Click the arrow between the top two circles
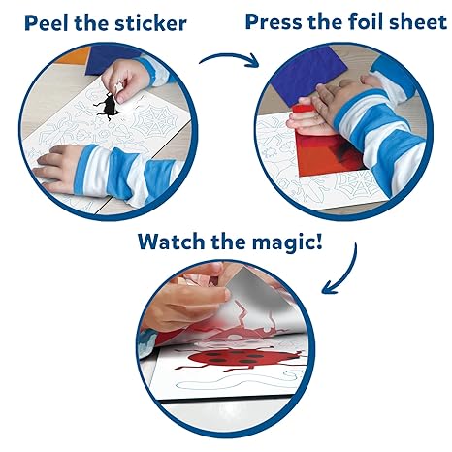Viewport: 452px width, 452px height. click(x=229, y=59)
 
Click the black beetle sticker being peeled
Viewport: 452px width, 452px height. click(x=108, y=106)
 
